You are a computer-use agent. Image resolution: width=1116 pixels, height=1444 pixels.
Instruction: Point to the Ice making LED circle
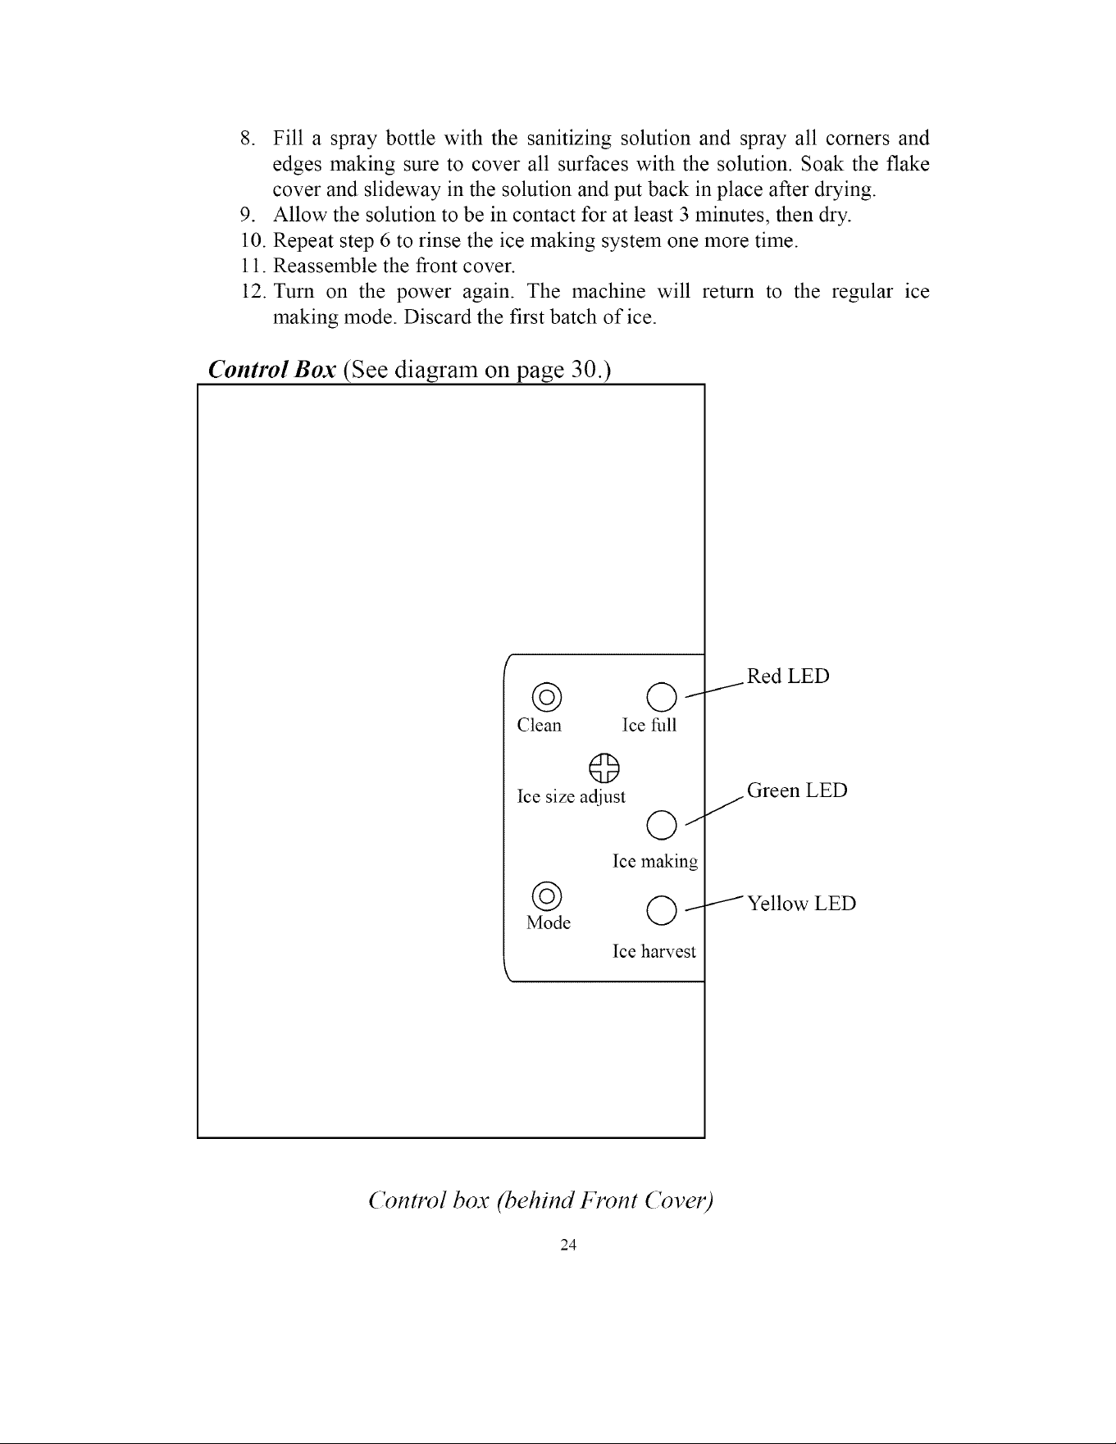[x=662, y=825]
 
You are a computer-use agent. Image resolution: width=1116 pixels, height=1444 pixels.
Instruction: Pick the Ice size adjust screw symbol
[x=604, y=768]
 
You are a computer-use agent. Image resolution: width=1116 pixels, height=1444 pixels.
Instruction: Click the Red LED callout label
[x=788, y=676]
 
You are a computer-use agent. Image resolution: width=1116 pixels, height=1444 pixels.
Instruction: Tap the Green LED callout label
[x=797, y=790]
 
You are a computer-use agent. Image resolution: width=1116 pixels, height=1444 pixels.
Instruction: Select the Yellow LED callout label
[x=801, y=904]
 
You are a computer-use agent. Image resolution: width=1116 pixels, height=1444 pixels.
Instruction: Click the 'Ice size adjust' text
[x=571, y=797]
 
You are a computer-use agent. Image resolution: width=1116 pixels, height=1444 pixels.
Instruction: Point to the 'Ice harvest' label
[x=654, y=951]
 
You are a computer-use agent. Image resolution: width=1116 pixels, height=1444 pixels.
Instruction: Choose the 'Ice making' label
[x=655, y=862]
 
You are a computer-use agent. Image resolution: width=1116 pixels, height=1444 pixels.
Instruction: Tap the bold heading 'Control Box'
[x=272, y=370]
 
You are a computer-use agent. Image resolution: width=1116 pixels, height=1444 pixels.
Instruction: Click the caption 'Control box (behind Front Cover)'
[x=542, y=1201]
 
